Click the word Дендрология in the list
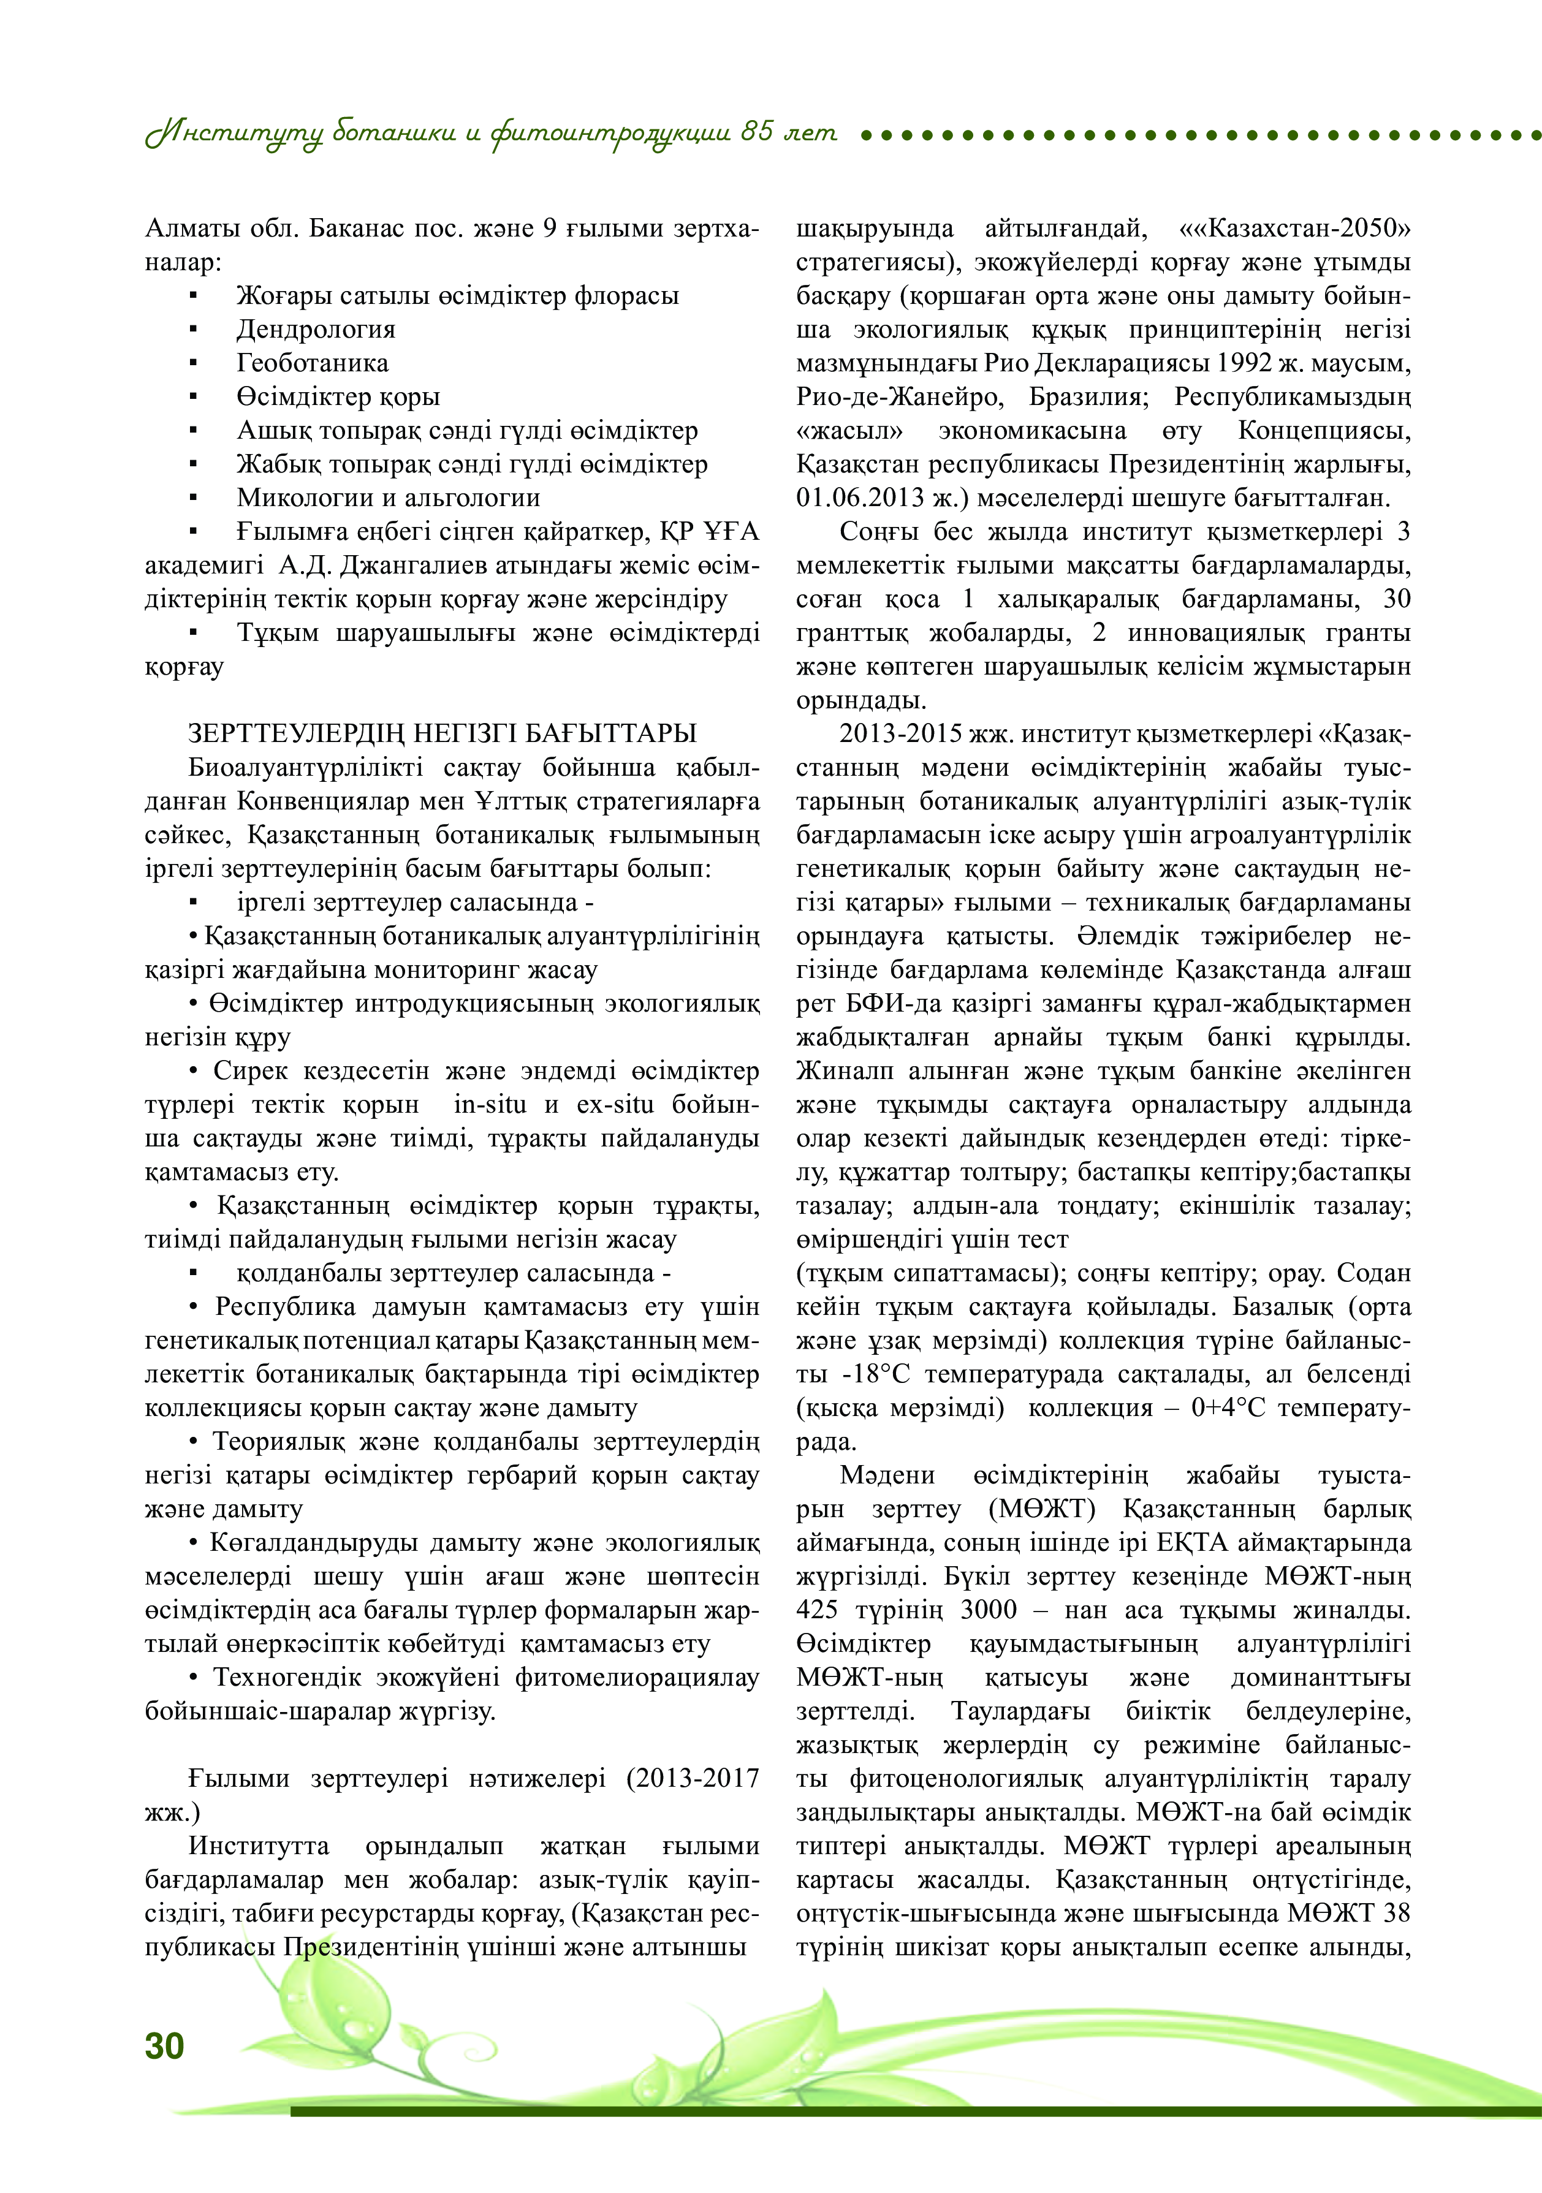315,330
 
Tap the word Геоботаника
313,363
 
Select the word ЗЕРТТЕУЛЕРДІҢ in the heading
296,733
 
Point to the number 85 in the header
757,132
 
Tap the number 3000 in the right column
988,1610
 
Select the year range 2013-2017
693,1778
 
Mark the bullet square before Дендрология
194,330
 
